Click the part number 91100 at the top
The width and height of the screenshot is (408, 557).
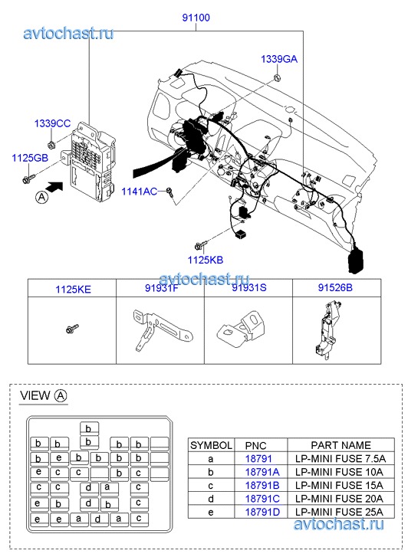point(196,18)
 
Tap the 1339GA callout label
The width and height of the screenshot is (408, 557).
point(279,59)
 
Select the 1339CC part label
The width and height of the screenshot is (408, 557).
point(52,123)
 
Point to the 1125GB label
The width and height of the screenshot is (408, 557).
point(30,158)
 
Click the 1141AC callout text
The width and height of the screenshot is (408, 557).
point(139,192)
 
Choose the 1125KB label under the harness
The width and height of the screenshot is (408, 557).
point(206,260)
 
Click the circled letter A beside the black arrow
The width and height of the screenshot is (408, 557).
point(42,197)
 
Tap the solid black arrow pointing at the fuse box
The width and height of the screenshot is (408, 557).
point(54,186)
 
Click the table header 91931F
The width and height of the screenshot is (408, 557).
point(161,288)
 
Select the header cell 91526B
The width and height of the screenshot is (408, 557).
point(335,287)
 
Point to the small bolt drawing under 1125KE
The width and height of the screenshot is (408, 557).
point(72,329)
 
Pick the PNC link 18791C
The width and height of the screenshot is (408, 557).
point(262,499)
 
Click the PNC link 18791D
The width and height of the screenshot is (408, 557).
point(262,513)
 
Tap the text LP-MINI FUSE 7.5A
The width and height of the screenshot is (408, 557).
point(341,459)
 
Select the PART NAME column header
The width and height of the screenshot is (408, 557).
point(341,445)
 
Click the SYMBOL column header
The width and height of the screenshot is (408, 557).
point(211,445)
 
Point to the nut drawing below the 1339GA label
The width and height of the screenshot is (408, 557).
point(277,78)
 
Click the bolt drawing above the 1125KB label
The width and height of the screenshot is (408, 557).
point(201,245)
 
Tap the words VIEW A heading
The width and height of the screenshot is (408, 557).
point(44,396)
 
